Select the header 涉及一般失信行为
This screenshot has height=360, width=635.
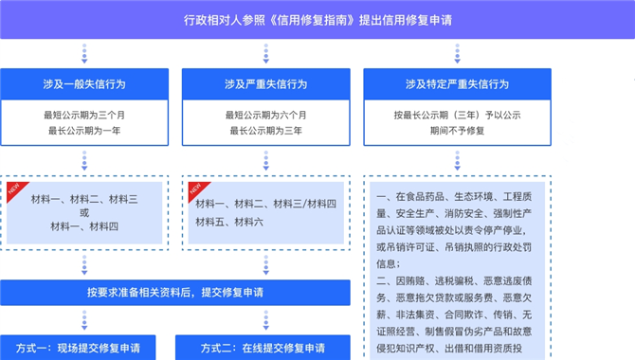[x=84, y=83]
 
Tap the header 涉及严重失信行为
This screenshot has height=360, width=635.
[x=266, y=83]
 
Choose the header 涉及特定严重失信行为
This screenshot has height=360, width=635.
[x=457, y=83]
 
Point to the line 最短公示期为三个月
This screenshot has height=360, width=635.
[x=84, y=115]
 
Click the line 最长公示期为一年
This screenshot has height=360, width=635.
[x=84, y=131]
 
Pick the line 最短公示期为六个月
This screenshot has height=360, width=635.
[x=266, y=115]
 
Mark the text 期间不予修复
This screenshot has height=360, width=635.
[x=457, y=131]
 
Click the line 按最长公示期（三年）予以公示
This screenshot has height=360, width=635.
[x=457, y=115]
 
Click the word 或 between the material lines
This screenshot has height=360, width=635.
[x=84, y=212]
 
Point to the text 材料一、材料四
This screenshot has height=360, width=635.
[x=84, y=226]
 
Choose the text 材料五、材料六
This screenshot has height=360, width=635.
[x=229, y=222]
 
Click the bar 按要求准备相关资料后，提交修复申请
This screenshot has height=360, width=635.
[x=175, y=293]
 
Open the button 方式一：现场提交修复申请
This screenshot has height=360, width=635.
[x=78, y=348]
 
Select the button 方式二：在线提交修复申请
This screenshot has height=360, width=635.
[x=263, y=348]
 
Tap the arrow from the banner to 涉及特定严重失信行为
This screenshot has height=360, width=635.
[x=457, y=53]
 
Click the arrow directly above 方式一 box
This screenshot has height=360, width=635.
[x=84, y=320]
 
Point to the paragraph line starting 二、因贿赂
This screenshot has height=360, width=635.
[x=454, y=281]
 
